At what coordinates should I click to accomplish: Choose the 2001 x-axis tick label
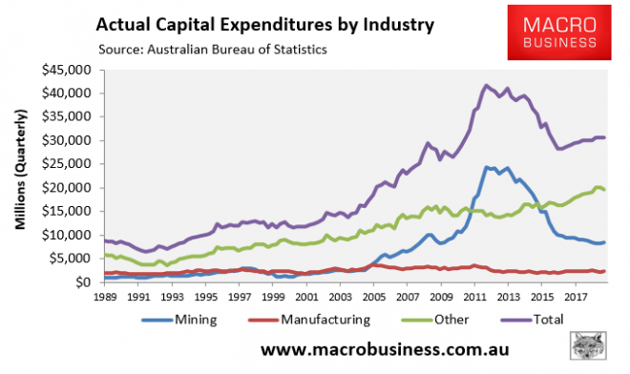304,297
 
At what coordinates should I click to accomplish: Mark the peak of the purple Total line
487,85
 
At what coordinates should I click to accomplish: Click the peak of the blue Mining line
488,167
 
